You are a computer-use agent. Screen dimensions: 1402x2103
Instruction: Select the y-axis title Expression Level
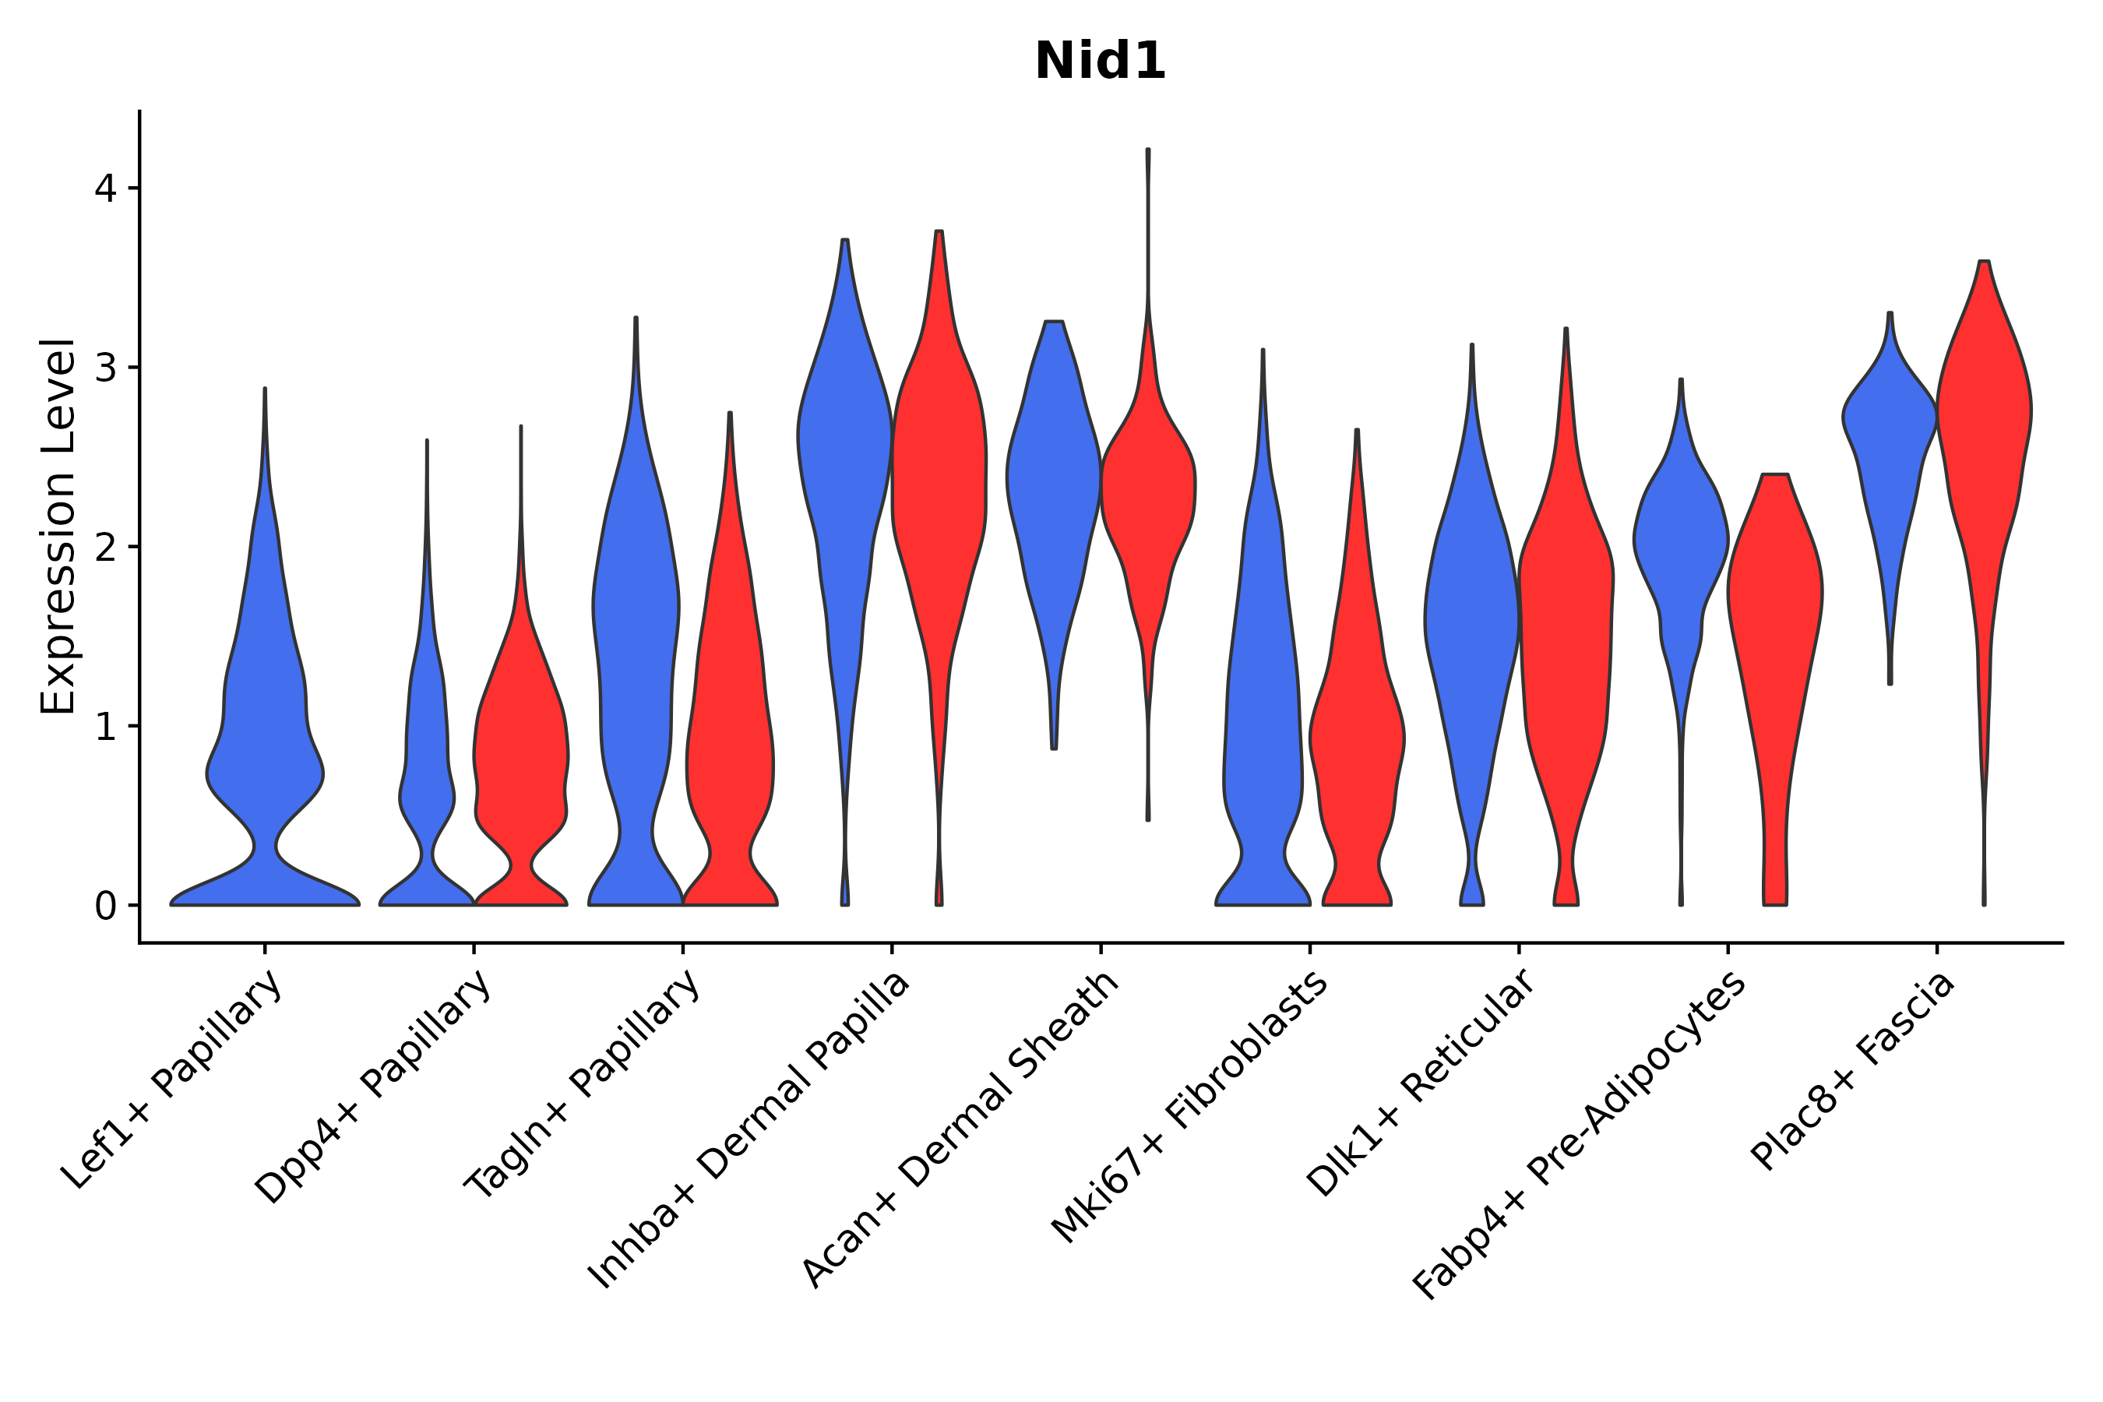pyautogui.click(x=58, y=526)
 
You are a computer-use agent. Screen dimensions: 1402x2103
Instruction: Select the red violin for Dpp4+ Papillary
pyautogui.click(x=520, y=760)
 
